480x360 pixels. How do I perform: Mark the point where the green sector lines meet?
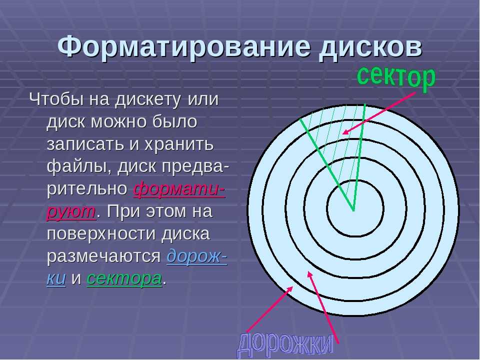pos(353,210)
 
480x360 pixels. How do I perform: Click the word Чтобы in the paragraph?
pos(56,99)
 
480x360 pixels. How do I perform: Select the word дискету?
pos(147,100)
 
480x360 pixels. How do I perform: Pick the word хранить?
pos(178,144)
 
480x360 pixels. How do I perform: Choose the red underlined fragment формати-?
pos(179,189)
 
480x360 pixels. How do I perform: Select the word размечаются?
pos(103,256)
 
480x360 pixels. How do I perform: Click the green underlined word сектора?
pos(124,278)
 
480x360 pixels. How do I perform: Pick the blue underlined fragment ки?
pos(56,278)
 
